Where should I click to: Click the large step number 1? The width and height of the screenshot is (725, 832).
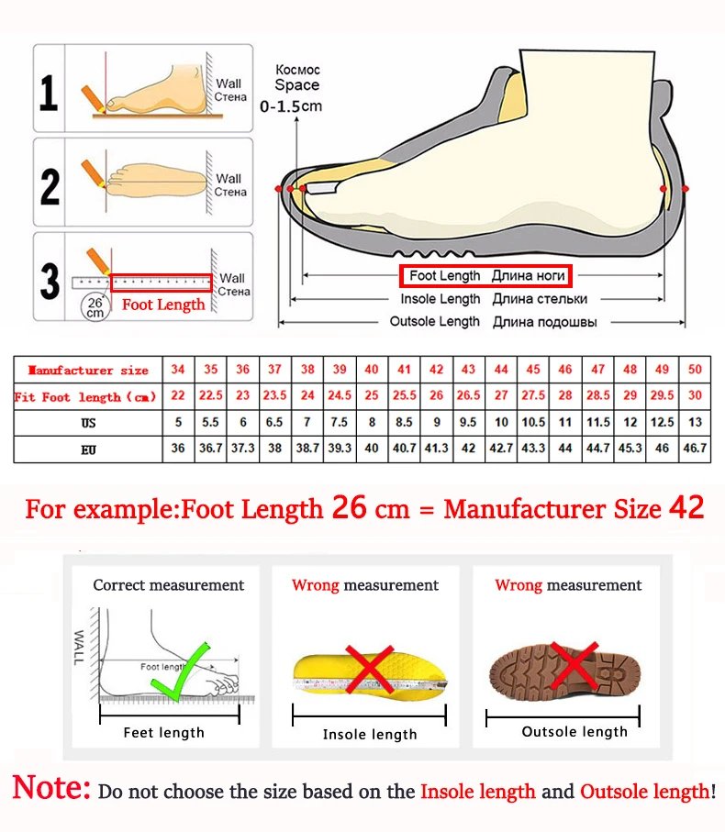point(50,94)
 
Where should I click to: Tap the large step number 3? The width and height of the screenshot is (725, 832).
point(50,282)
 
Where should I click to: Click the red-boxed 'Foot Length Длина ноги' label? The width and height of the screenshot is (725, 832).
point(485,276)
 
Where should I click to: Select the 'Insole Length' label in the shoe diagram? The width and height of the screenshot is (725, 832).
point(440,299)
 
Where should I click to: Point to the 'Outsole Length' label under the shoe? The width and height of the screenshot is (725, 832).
point(434,321)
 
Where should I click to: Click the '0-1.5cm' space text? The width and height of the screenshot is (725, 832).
point(291,106)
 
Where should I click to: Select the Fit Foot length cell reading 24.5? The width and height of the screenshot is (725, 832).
point(340,396)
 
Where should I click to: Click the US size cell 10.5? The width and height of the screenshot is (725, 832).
point(533,423)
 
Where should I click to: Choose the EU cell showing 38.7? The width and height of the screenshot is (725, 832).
point(307,449)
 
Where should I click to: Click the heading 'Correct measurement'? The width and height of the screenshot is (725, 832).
point(169,585)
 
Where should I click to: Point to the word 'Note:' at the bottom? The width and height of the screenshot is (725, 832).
point(51,788)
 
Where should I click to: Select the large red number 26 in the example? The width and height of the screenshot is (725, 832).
point(349,507)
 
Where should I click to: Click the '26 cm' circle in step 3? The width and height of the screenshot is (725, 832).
point(95,306)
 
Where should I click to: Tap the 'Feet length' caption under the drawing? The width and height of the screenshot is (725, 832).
point(164,732)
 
